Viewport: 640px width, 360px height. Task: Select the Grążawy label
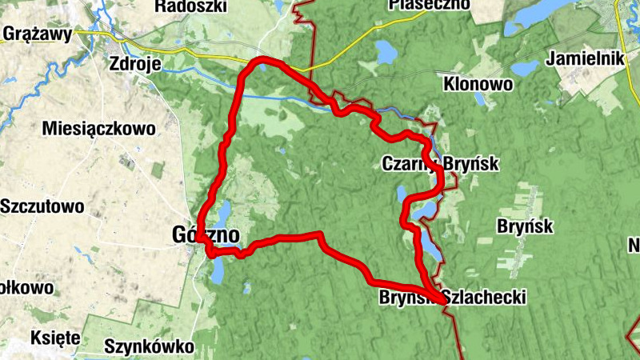coord(38,34)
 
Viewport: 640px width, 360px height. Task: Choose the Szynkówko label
coord(149,347)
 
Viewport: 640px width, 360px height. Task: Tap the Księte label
coord(54,338)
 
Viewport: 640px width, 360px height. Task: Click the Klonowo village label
coord(478,82)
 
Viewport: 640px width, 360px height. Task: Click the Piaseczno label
coord(428,5)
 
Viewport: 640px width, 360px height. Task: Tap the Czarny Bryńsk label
coord(440,164)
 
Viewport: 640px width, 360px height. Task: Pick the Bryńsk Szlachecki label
coord(452,298)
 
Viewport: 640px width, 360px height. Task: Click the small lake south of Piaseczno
coord(386,54)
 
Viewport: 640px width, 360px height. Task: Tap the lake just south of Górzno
coord(217,270)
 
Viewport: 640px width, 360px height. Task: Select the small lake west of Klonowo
coord(524,68)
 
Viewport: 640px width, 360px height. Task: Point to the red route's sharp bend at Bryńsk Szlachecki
coord(442,301)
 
